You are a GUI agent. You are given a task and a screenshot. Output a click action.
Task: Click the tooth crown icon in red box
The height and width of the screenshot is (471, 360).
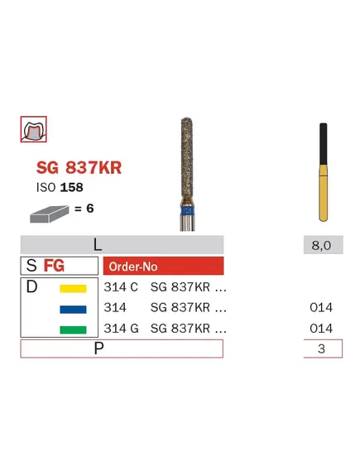[33, 129]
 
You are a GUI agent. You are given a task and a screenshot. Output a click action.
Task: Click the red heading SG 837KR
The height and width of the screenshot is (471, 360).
[79, 167]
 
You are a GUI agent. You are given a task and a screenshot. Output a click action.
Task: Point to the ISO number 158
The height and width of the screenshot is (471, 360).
[71, 187]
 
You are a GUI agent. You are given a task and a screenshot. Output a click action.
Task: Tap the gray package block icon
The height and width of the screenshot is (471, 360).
[49, 214]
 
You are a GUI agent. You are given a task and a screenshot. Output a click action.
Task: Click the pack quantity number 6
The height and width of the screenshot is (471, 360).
[89, 208]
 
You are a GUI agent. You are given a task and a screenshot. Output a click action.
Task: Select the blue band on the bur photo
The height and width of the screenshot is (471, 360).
[188, 210]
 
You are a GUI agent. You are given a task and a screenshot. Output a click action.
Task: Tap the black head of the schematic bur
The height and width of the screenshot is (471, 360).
[323, 143]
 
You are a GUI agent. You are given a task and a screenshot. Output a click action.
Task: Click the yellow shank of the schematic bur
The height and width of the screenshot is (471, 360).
[323, 193]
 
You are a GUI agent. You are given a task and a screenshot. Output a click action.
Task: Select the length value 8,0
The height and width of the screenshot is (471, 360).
[321, 245]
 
